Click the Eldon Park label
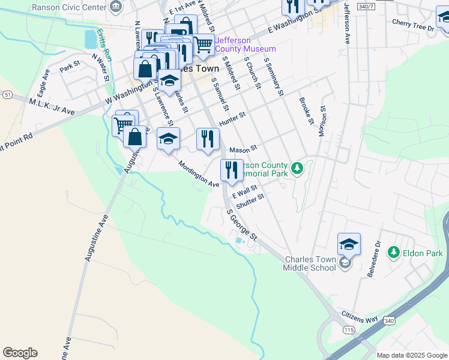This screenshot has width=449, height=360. (x=423, y=253)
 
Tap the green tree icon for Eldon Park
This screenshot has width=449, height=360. (x=393, y=253)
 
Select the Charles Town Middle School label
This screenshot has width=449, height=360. (x=310, y=263)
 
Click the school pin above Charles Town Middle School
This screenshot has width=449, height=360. (x=349, y=244)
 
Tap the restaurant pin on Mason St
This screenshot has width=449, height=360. (x=208, y=139)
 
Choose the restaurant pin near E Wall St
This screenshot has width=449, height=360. (x=231, y=170)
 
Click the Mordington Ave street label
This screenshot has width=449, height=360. (x=198, y=174)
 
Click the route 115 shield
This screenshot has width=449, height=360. (x=348, y=330)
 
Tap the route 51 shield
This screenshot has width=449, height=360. (x=7, y=95)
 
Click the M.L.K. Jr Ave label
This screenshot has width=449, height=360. (x=52, y=107)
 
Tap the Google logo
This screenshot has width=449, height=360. (x=20, y=352)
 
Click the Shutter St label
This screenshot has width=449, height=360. (x=250, y=200)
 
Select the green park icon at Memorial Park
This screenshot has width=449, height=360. (x=297, y=168)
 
